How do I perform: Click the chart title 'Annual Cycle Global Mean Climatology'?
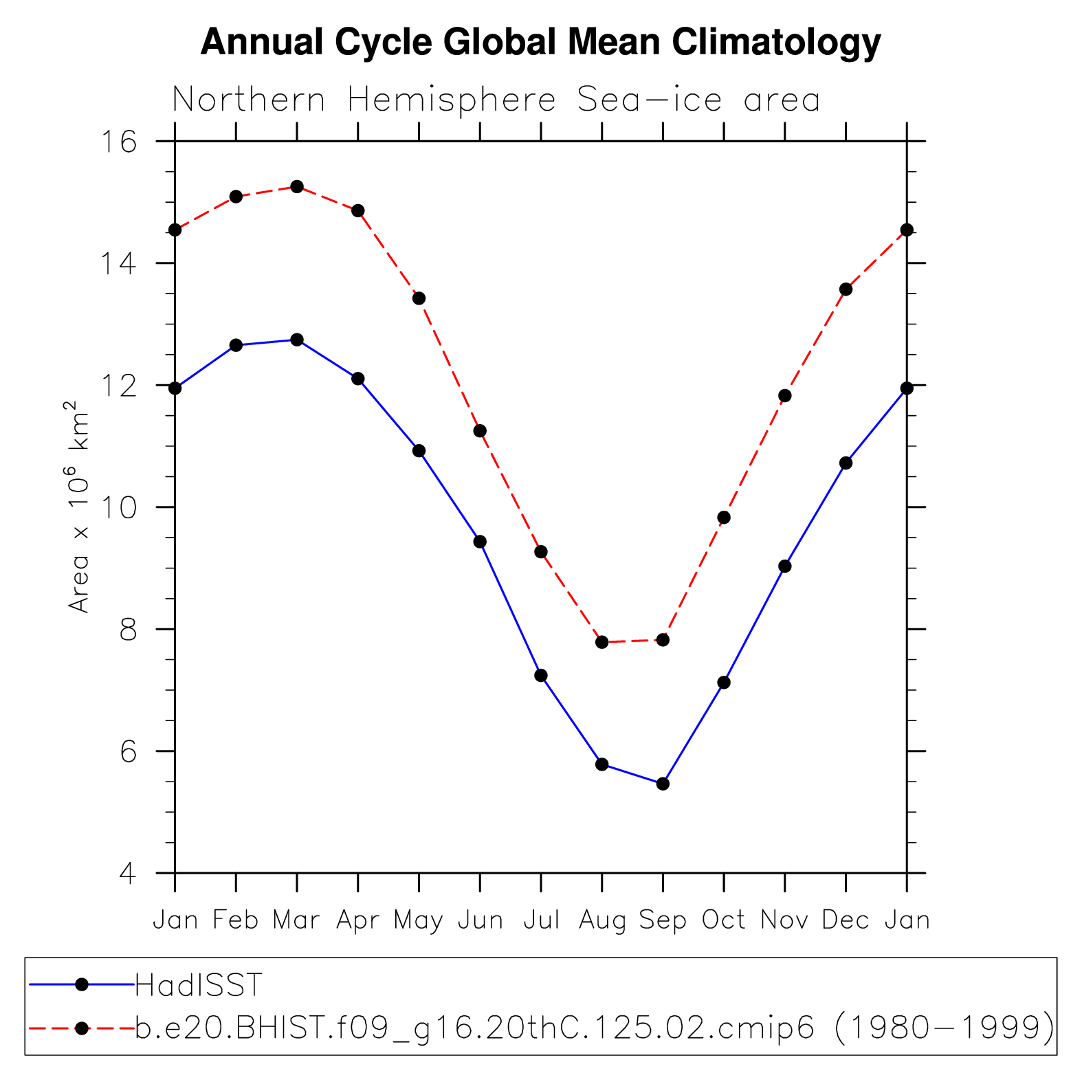pos(540,43)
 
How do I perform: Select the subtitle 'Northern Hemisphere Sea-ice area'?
pos(496,100)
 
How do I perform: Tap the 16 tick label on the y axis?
pos(119,142)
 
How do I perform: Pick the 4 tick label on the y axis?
pos(127,874)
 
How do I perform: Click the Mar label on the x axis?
pos(296,920)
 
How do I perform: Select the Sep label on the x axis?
pos(663,920)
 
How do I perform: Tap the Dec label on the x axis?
pos(846,920)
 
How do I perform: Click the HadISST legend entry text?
pos(199,985)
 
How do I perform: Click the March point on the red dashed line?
pos(297,187)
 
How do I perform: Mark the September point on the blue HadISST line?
pos(663,784)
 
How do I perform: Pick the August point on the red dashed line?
pos(602,642)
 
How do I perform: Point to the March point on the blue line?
pos(297,340)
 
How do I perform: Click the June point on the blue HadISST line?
pos(480,542)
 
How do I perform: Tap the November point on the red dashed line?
pos(785,396)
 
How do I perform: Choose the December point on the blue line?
pos(846,463)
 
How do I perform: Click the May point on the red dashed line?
pos(419,298)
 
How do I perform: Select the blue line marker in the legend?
pos(82,985)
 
